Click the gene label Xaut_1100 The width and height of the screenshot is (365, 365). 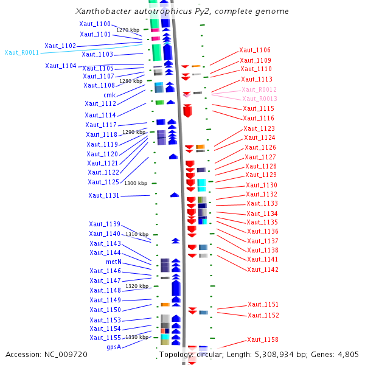point(95,24)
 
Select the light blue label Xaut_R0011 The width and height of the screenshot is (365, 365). point(21,52)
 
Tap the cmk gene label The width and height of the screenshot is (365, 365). point(109,95)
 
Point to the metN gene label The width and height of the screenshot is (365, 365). point(114,262)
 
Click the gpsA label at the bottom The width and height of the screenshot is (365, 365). point(113,347)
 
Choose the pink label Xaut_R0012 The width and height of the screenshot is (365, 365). point(259,89)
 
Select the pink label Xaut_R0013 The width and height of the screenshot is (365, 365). point(260,99)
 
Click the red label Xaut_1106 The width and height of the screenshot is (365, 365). point(255,50)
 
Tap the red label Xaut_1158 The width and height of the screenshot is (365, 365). point(263,340)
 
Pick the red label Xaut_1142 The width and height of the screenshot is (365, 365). point(263,269)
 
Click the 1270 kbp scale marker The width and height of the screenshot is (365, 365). point(128,30)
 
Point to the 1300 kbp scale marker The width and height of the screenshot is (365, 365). point(136,183)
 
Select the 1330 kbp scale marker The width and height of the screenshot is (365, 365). point(137,337)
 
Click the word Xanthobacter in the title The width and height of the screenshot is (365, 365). point(101,12)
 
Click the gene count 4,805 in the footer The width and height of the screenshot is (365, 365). point(347,354)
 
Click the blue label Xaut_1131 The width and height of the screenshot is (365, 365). point(103,196)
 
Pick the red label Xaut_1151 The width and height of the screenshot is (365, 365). point(263,305)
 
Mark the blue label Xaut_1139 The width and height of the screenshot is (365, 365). point(105,224)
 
